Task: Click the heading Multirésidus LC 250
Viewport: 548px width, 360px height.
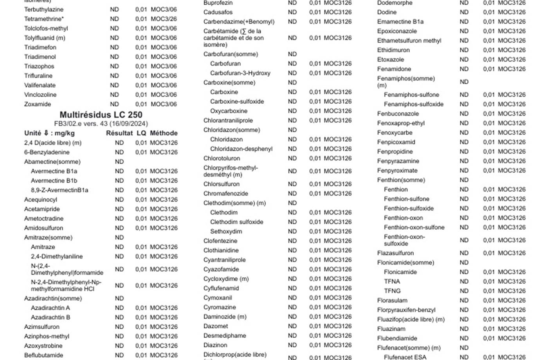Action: [x=101, y=115]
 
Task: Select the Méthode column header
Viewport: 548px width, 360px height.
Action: [x=164, y=133]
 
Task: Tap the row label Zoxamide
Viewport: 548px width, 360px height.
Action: [x=38, y=104]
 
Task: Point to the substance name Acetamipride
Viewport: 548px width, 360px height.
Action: [x=42, y=209]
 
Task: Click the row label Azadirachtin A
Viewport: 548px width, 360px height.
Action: [x=50, y=308]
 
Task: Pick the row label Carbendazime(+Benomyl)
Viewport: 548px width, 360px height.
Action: [x=239, y=22]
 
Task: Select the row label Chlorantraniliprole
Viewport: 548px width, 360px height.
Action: [x=228, y=121]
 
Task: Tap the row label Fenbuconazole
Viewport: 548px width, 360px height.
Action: [x=398, y=113]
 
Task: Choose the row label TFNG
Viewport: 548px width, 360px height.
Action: [x=392, y=291]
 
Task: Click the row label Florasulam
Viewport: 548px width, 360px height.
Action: [x=392, y=301]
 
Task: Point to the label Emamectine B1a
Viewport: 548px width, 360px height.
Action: [x=400, y=22]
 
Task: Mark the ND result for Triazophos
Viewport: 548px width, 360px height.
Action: [x=114, y=66]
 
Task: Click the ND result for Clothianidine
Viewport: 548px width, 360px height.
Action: [x=292, y=250]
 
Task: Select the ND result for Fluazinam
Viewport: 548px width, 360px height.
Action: [x=464, y=329]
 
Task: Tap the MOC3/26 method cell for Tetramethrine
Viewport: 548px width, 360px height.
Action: [x=164, y=19]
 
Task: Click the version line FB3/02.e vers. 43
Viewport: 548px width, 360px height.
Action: [x=101, y=124]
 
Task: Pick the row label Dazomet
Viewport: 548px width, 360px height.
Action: [x=216, y=326]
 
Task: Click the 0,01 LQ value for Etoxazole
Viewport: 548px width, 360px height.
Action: [x=489, y=59]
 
